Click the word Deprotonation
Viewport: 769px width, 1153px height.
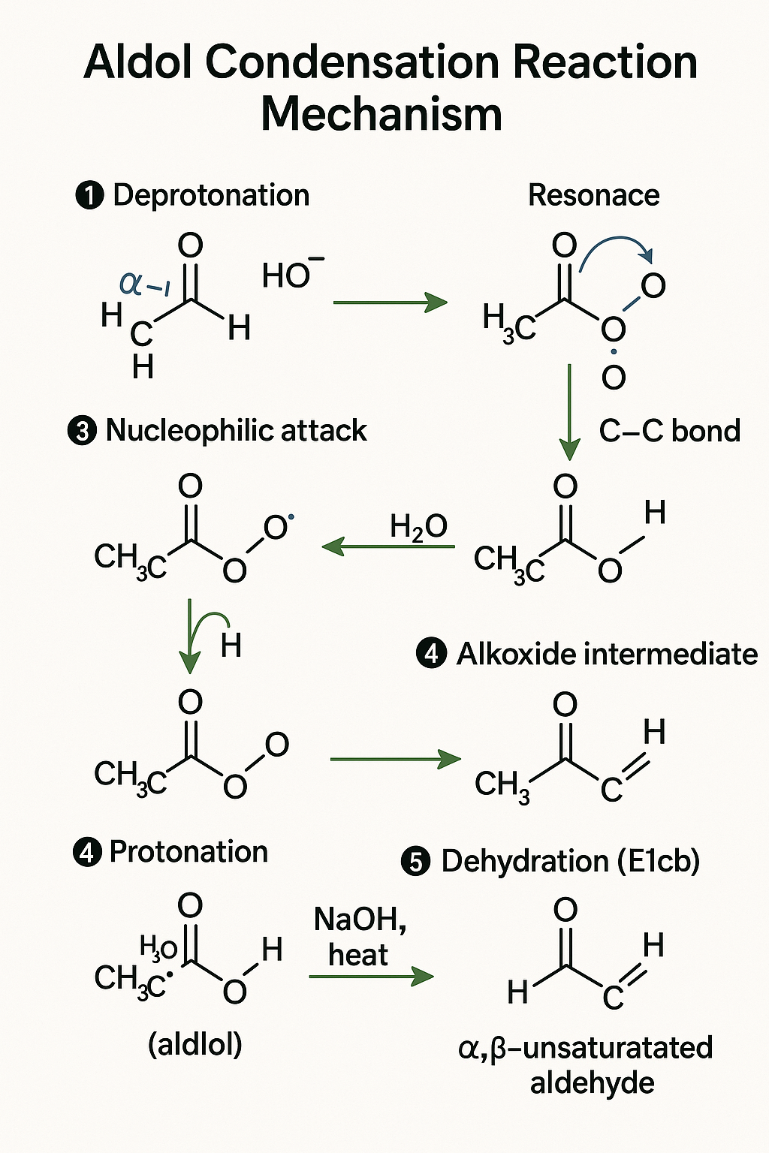pyautogui.click(x=211, y=195)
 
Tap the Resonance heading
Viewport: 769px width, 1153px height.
pyautogui.click(x=593, y=195)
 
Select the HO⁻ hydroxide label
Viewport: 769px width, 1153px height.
pyautogui.click(x=292, y=275)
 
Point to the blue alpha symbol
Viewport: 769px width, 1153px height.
pyautogui.click(x=131, y=284)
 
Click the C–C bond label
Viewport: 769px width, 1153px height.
pyautogui.click(x=670, y=431)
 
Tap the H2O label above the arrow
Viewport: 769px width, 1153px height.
pyautogui.click(x=418, y=526)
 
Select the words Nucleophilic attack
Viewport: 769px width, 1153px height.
pyautogui.click(x=237, y=431)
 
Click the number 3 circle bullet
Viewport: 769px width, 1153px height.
pyautogui.click(x=82, y=432)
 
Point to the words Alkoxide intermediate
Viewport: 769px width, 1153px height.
pyautogui.click(x=607, y=654)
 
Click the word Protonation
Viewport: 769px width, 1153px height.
pyautogui.click(x=188, y=852)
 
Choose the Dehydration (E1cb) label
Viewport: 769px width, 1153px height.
pyautogui.click(x=570, y=861)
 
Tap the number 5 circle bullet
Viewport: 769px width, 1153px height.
pyautogui.click(x=416, y=862)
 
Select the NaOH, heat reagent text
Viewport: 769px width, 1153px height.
pyautogui.click(x=360, y=937)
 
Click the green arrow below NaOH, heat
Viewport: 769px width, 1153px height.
pyautogui.click(x=371, y=977)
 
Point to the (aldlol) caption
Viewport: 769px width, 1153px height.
pyautogui.click(x=195, y=1044)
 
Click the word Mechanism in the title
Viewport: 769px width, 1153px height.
pyautogui.click(x=381, y=114)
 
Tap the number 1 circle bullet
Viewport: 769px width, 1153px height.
pyautogui.click(x=89, y=196)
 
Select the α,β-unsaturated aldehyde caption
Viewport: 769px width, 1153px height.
pyautogui.click(x=586, y=1064)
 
